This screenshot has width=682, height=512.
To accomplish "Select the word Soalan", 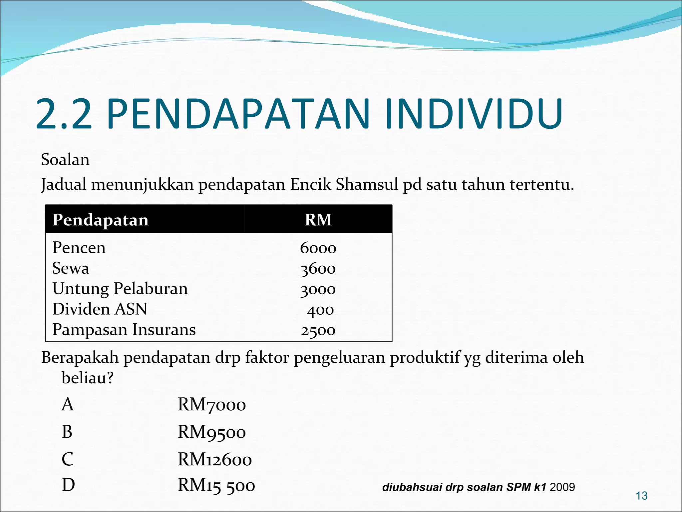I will click(65, 160).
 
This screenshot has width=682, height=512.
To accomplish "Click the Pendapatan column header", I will click(101, 220).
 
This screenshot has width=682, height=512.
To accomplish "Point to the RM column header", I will click(318, 220).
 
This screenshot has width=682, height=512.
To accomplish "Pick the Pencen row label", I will click(79, 248).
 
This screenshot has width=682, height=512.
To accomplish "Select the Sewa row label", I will click(71, 268).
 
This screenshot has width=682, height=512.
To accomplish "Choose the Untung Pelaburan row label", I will click(120, 289).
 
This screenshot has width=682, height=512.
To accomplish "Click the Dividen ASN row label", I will click(100, 309).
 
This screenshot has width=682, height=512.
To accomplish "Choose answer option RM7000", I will click(212, 405).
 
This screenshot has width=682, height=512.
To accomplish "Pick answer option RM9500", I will click(212, 432).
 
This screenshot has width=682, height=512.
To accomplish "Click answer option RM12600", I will click(215, 460).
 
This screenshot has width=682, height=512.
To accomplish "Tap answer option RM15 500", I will click(216, 486).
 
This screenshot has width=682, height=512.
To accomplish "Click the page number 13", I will click(642, 496).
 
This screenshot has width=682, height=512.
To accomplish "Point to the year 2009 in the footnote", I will click(562, 487).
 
